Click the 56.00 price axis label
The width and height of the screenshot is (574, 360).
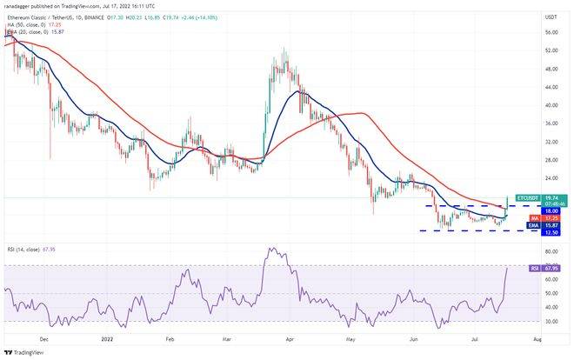pyautogui.click(x=551, y=32)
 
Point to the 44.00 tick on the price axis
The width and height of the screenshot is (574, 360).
pyautogui.click(x=551, y=87)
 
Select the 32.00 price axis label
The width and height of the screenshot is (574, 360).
pyautogui.click(x=551, y=142)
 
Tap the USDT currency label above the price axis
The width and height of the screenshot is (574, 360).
pyautogui.click(x=551, y=16)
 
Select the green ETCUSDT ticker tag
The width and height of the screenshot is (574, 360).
pyautogui.click(x=528, y=198)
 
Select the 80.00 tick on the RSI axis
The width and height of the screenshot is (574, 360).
pyautogui.click(x=551, y=252)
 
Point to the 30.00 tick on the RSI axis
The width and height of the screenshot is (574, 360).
pyautogui.click(x=551, y=321)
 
